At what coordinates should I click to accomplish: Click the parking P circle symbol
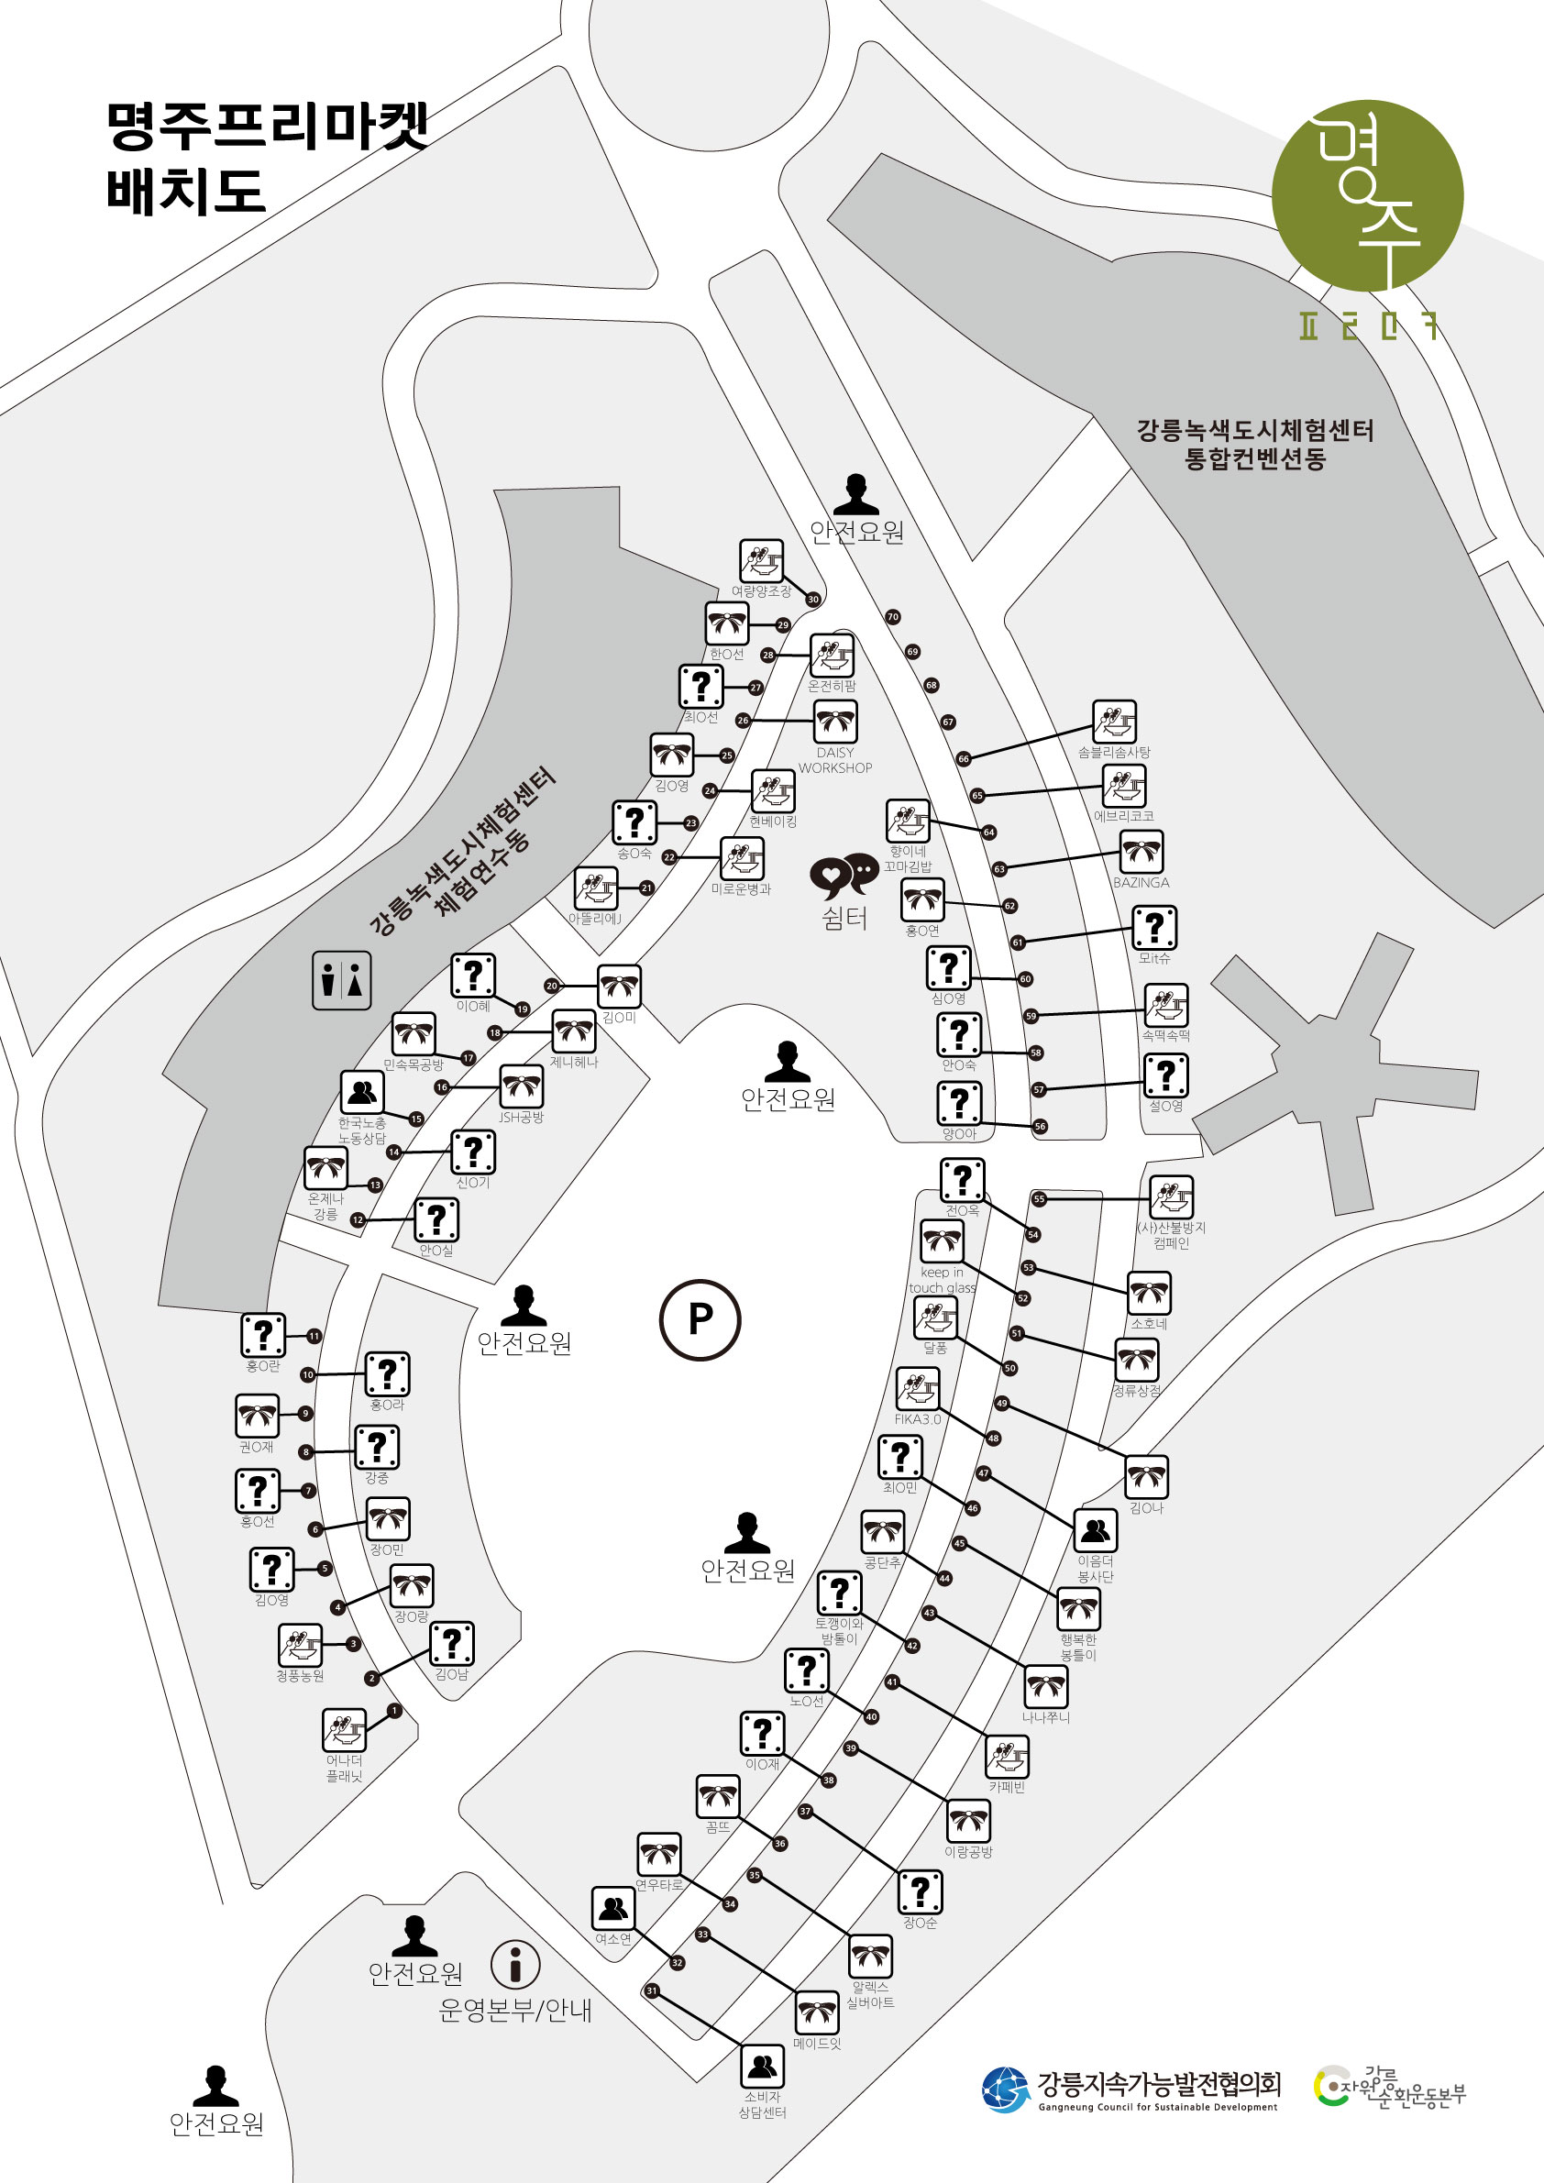pyautogui.click(x=700, y=1319)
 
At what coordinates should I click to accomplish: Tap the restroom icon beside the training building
pyautogui.click(x=341, y=980)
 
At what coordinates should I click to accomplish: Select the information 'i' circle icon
pyautogui.click(x=515, y=1964)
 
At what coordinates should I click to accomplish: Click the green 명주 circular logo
pyautogui.click(x=1367, y=196)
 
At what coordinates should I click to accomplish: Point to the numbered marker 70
pyautogui.click(x=893, y=617)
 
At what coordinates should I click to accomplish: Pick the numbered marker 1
pyautogui.click(x=394, y=1711)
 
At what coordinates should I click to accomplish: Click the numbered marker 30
pyautogui.click(x=813, y=600)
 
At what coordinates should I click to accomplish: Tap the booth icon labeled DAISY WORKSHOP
pyautogui.click(x=835, y=722)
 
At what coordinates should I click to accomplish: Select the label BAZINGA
pyautogui.click(x=1141, y=882)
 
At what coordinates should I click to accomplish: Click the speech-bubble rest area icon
pyautogui.click(x=844, y=875)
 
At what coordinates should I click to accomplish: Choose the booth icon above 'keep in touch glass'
pyautogui.click(x=943, y=1240)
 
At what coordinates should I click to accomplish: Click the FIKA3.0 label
pyautogui.click(x=918, y=1418)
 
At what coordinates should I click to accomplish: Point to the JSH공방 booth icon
pyautogui.click(x=521, y=1086)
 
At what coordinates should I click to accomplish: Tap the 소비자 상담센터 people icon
pyautogui.click(x=763, y=2065)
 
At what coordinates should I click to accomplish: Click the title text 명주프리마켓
pyautogui.click(x=267, y=127)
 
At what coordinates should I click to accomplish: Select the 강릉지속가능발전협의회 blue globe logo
pyautogui.click(x=1006, y=2089)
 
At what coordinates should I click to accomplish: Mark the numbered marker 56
pyautogui.click(x=1040, y=1126)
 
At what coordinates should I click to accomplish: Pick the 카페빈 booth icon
pyautogui.click(x=1007, y=1757)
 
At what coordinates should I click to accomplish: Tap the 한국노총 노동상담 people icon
pyautogui.click(x=362, y=1091)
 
